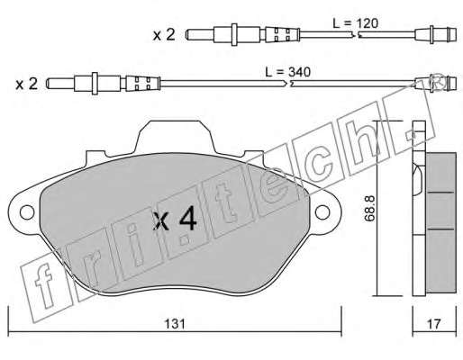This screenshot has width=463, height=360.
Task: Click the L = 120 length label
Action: (x=356, y=23)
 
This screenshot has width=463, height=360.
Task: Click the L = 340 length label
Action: (x=287, y=72)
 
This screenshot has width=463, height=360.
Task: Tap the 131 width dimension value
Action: (x=175, y=324)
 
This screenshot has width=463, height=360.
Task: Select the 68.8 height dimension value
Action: (x=369, y=209)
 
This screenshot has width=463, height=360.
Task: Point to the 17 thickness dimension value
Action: (x=434, y=324)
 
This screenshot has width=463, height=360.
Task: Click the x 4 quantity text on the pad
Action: (x=175, y=220)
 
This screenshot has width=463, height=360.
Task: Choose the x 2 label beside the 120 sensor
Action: (x=164, y=35)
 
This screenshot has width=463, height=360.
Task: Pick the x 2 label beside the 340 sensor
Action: (x=27, y=84)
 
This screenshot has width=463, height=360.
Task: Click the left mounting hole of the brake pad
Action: (x=27, y=212)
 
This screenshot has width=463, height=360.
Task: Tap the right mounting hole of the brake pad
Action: (x=322, y=212)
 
